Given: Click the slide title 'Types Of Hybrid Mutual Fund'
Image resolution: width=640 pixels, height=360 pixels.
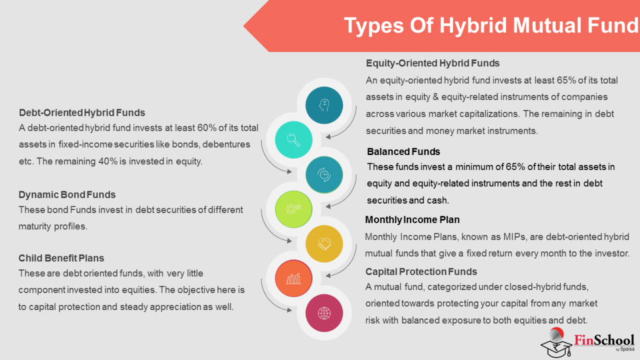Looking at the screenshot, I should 491,26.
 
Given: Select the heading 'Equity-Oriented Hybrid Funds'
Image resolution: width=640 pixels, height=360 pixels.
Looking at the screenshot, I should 432,63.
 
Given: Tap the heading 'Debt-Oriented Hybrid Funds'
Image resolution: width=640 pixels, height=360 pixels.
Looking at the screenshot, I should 82,112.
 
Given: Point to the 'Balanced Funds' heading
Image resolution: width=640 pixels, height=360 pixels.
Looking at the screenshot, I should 403,152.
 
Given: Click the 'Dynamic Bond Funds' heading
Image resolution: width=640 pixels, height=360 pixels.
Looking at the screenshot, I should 67,194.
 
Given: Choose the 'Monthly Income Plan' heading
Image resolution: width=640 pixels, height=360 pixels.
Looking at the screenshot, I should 412,220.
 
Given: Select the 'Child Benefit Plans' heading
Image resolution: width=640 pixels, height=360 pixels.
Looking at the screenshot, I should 61,257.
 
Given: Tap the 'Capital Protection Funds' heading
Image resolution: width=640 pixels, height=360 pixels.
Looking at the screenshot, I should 421,271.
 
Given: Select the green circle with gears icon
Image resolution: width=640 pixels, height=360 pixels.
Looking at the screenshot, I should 293,207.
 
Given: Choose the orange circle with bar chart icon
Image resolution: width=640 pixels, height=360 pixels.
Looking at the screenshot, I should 293,277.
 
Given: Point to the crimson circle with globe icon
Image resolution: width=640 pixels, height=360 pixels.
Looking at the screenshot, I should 324,312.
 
